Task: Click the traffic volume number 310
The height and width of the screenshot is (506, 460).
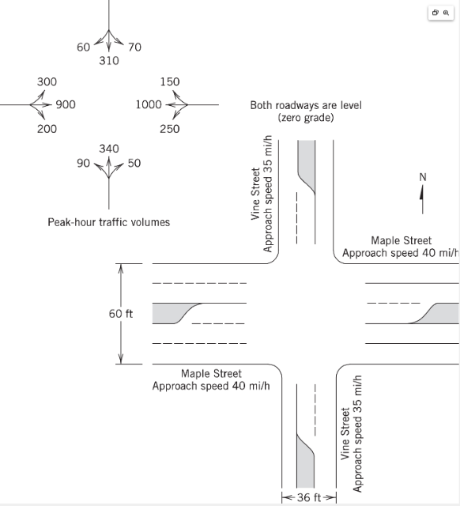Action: pos(109,61)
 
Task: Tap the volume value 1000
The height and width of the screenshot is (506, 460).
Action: pos(149,104)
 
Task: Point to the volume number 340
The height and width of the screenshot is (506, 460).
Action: pos(109,149)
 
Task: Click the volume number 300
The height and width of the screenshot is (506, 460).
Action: pos(47,82)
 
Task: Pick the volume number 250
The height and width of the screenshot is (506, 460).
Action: pos(169,129)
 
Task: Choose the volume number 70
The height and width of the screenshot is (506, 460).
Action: pos(134,47)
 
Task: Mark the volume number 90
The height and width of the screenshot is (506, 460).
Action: pos(83,164)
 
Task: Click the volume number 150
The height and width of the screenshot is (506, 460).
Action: pos(169,82)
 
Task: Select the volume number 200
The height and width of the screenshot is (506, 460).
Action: pos(47,128)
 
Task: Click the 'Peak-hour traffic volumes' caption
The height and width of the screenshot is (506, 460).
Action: pos(109,222)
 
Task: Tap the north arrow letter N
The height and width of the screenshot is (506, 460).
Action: pos(422,178)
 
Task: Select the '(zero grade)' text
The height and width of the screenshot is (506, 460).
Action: pos(306,117)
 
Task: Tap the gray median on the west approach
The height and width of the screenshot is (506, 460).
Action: pos(170,313)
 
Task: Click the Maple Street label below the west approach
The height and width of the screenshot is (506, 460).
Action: pos(211,374)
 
